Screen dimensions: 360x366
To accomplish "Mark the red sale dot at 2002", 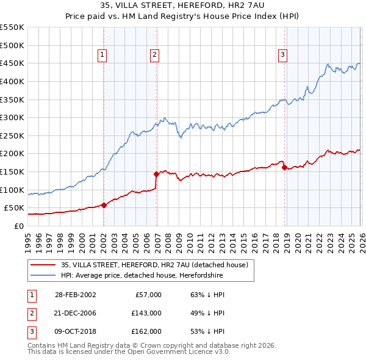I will click(x=104, y=205).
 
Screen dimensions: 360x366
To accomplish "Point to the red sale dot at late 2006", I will click(x=157, y=174).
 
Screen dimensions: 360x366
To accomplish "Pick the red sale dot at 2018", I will click(x=284, y=167).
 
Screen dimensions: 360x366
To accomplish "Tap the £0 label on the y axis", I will click(x=18, y=226).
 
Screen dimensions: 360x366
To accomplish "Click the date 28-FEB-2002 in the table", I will click(x=75, y=295).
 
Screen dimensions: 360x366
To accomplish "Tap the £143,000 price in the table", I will click(x=147, y=313).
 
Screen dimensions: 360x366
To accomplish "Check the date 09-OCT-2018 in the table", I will click(x=75, y=331).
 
